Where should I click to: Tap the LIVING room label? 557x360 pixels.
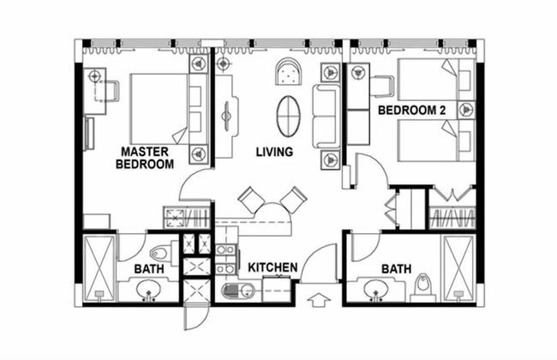click(x=274, y=152)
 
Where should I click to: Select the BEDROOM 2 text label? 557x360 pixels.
click(x=411, y=111)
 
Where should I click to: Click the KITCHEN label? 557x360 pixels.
click(x=273, y=268)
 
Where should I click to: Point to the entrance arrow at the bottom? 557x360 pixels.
click(x=317, y=301)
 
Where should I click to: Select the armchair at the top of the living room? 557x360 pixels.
click(x=288, y=74)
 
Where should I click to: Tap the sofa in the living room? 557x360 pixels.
click(x=326, y=117)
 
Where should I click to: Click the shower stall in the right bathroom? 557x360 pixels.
click(x=458, y=267)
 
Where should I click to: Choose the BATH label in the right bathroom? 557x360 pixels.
click(x=396, y=269)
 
